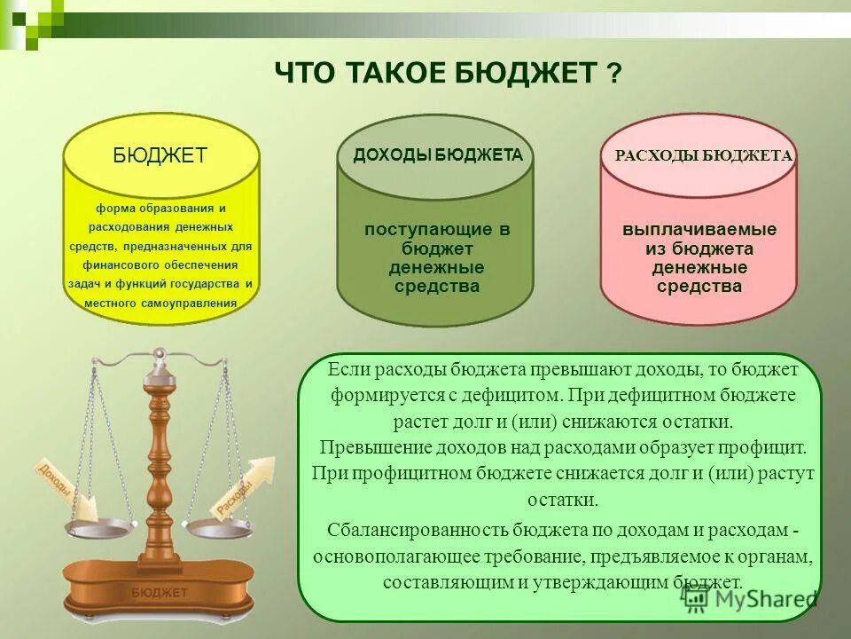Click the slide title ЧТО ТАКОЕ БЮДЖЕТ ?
(448, 73)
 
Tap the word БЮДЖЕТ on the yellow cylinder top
(160, 155)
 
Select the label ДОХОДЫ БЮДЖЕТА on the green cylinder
(438, 155)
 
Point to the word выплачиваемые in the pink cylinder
(699, 230)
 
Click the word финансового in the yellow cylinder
(121, 264)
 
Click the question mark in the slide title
(613, 74)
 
